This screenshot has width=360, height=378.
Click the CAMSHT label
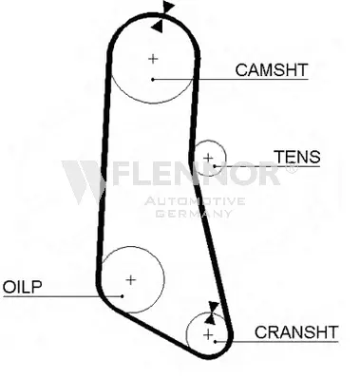pyautogui.click(x=272, y=69)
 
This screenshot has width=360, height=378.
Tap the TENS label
pyautogui.click(x=296, y=157)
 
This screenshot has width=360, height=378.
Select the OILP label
pyautogui.click(x=23, y=286)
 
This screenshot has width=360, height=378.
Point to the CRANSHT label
pyautogui.click(x=296, y=331)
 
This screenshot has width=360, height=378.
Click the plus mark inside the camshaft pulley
pyautogui.click(x=152, y=59)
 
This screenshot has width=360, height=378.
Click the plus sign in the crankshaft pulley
pyautogui.click(x=208, y=333)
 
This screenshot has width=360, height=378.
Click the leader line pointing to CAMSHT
pyautogui.click(x=228, y=78)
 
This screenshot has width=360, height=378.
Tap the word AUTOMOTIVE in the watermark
pyautogui.click(x=195, y=201)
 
